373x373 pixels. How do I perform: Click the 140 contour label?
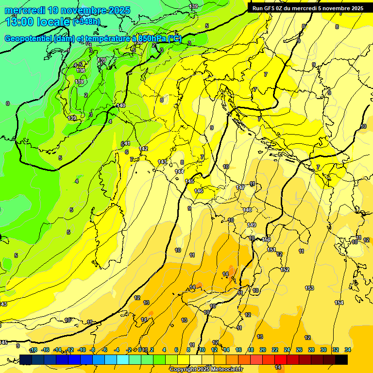pyautogui.click(x=121, y=105)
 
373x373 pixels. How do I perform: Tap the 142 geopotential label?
pyautogui.click(x=143, y=149)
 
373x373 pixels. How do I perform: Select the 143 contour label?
pyautogui.click(x=162, y=162)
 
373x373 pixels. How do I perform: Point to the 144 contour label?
pyautogui.click(x=179, y=171)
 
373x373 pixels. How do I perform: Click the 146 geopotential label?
pyautogui.click(x=199, y=191)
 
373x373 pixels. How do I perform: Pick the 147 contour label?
pyautogui.click(x=240, y=187)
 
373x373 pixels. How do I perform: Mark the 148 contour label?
pyautogui.click(x=247, y=210)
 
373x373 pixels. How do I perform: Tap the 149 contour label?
pyautogui.click(x=251, y=225)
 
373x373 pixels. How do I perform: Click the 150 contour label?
pyautogui.click(x=266, y=239)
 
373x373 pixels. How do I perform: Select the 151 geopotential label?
pyautogui.click(x=271, y=250)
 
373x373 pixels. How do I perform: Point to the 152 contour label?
pyautogui.click(x=285, y=270)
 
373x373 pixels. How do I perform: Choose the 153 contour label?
pyautogui.click(x=309, y=288)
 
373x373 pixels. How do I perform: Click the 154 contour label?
pyautogui.click(x=339, y=303)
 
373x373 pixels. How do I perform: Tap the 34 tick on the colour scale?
pyautogui.click(x=348, y=350)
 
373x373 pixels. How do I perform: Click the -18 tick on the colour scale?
pyautogui.click(x=34, y=350)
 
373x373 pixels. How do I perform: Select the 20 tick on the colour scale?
pyautogui.click(x=262, y=350)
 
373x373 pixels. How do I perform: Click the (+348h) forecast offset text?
pyautogui.click(x=86, y=21)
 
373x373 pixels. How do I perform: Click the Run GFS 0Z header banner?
pyautogui.click(x=307, y=8)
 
